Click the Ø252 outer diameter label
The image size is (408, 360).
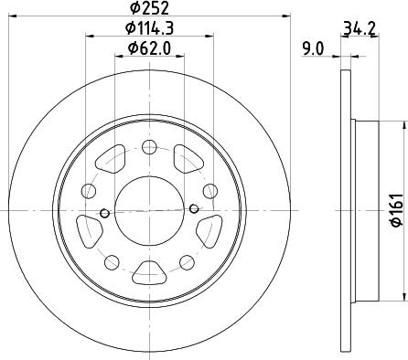coord(149,8)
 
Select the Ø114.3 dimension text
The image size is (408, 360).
coord(149,28)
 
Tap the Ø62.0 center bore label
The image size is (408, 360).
coord(149,48)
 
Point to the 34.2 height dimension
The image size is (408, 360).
coord(360,28)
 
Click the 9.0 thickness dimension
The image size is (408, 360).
coord(313,48)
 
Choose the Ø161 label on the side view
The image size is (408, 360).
coord(398,210)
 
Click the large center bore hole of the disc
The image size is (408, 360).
coord(149,210)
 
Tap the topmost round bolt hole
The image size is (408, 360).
coord(149,147)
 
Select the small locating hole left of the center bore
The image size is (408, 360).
coord(104,213)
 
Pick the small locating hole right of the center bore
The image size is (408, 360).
coord(194,208)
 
